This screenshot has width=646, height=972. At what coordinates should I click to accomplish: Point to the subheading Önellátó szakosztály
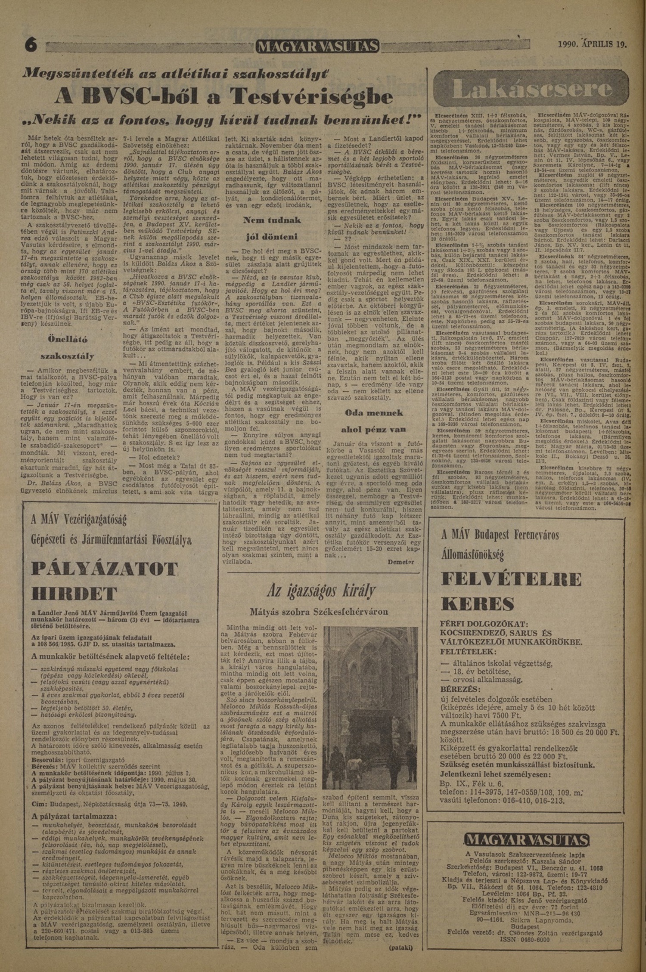tap(68, 347)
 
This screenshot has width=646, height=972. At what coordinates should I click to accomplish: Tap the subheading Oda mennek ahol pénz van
tap(373, 421)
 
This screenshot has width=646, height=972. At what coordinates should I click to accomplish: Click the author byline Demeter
tap(401, 562)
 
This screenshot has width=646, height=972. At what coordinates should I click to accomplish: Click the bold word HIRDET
tap(74, 595)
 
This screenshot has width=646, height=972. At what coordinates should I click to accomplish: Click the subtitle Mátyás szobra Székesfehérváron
tap(319, 612)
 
